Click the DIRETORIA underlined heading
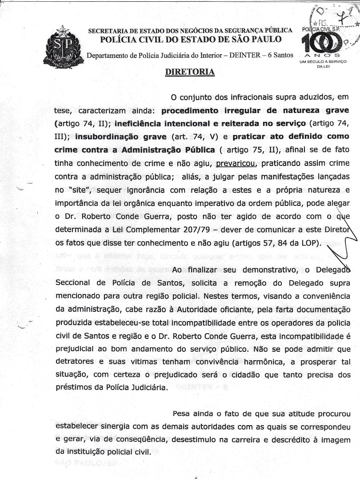[190, 72]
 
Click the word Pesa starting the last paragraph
[182, 414]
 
